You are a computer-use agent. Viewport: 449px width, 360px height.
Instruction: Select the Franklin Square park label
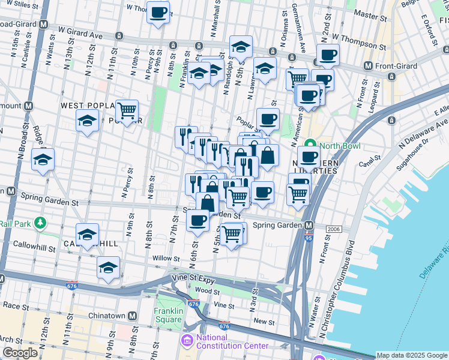pyautogui.click(x=167, y=315)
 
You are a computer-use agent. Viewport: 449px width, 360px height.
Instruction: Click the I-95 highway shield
pyautogui.click(x=309, y=238)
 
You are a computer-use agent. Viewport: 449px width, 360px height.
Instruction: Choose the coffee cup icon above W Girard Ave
pyautogui.click(x=158, y=12)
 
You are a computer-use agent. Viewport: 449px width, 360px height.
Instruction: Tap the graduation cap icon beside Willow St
pyautogui.click(x=108, y=268)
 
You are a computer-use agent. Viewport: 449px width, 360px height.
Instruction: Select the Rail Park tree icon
pyautogui.click(x=40, y=223)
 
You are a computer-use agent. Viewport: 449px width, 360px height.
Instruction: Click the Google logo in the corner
pyautogui.click(x=20, y=353)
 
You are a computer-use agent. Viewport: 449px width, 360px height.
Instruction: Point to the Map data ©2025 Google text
pyautogui.click(x=411, y=355)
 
